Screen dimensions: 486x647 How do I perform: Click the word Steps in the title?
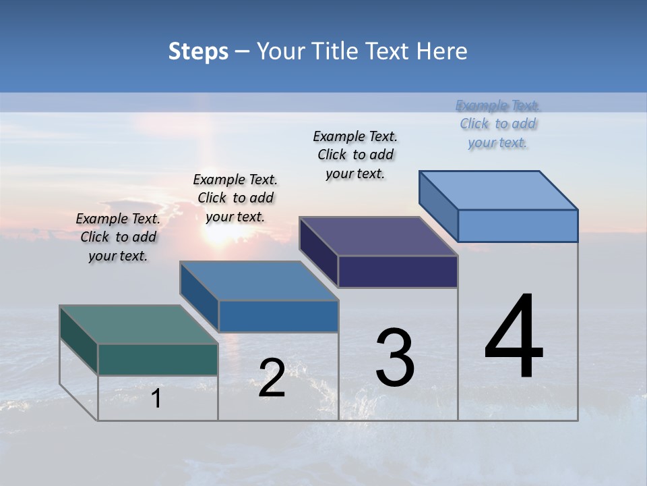coord(198,51)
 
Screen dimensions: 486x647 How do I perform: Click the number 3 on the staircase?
coord(395,357)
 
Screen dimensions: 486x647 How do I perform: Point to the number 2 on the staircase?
coord(272,378)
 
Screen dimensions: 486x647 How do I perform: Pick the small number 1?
coord(156,398)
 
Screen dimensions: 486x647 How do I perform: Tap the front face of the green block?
coord(158,359)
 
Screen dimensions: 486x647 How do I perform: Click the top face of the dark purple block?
coord(378,236)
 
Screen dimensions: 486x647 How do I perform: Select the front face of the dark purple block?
coord(398,271)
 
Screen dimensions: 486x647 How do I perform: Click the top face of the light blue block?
coord(498,190)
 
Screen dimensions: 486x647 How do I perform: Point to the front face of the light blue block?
coord(518,225)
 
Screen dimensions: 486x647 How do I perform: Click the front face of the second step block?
coord(278,316)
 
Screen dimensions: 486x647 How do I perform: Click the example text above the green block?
coord(118,237)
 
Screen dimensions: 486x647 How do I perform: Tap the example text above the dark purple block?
coord(355,155)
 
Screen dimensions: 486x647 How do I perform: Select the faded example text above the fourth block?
coord(497,124)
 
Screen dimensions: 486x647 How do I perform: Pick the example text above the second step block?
coord(235,198)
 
